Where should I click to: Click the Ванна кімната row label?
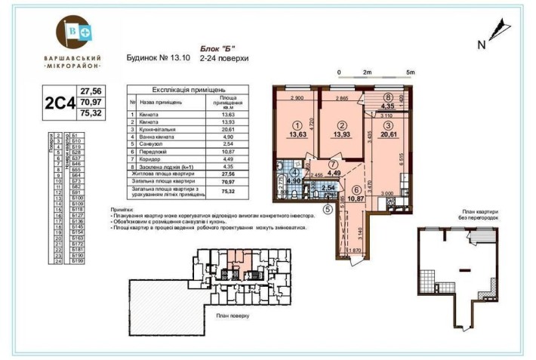click(155, 137)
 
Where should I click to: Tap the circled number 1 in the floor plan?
click(297, 126)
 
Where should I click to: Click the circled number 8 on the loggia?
click(387, 97)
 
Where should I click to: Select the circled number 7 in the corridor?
click(333, 164)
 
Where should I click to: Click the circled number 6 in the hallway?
click(355, 190)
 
